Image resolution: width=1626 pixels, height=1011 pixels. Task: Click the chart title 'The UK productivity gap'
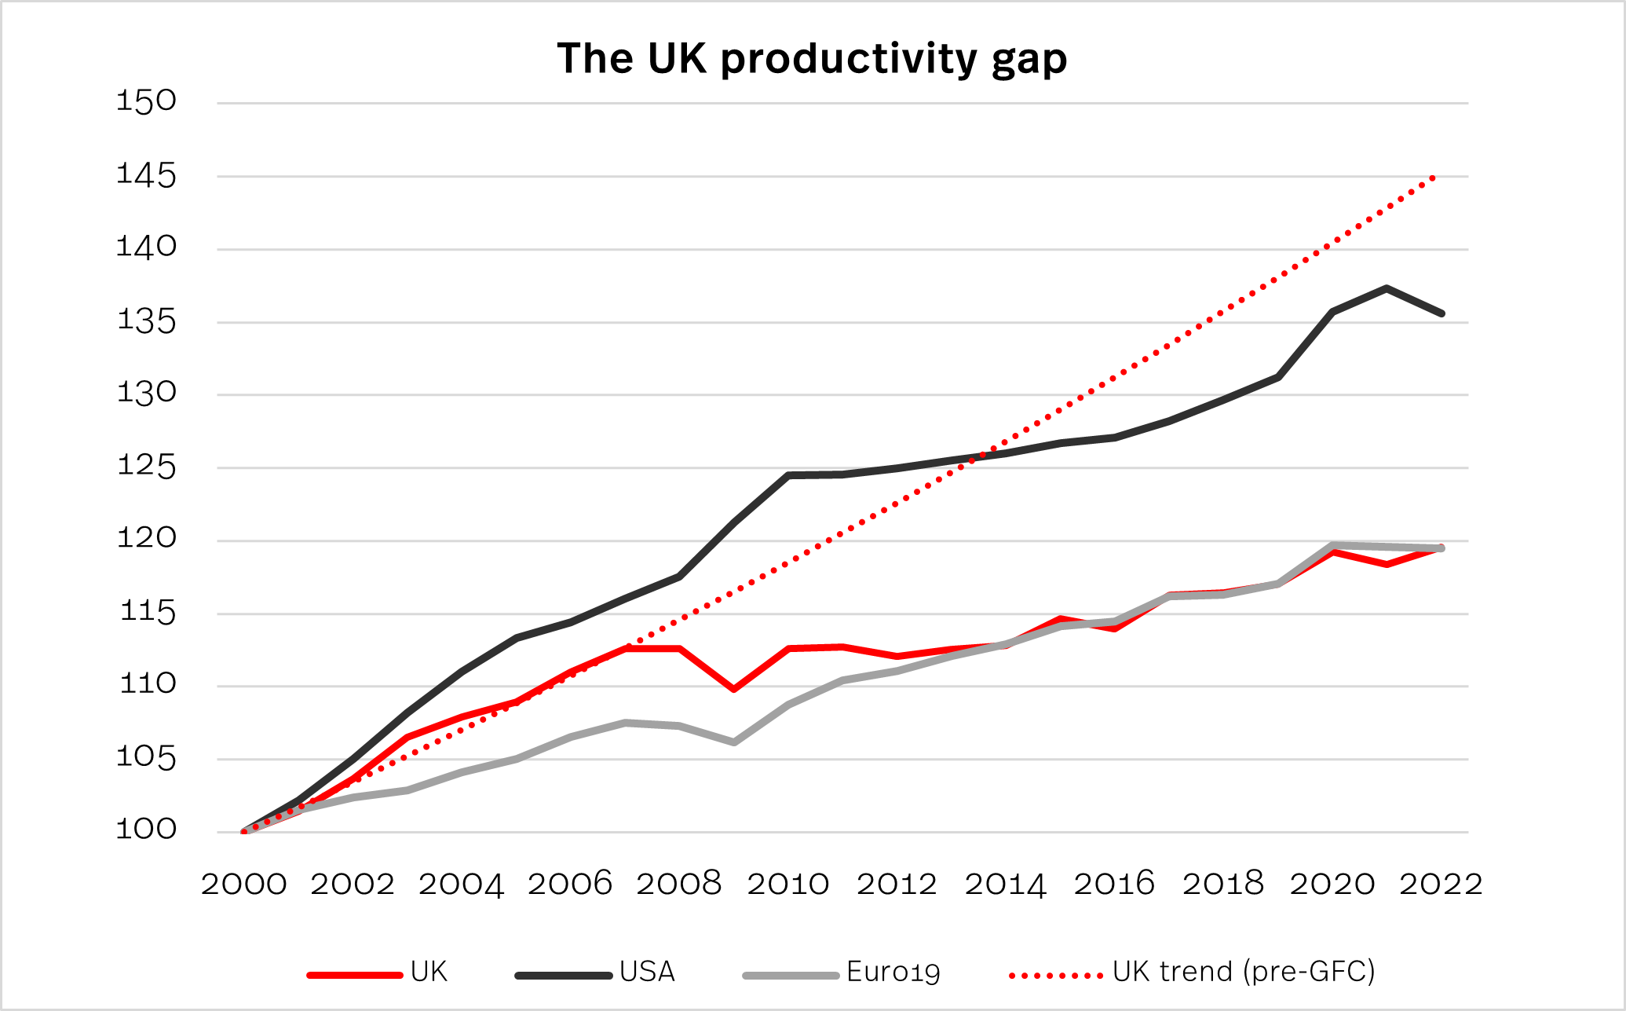[812, 59]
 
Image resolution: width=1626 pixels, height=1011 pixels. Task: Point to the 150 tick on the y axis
[147, 101]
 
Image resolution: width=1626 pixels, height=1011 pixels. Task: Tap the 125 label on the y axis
[147, 467]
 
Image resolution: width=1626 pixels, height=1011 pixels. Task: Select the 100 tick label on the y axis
[147, 830]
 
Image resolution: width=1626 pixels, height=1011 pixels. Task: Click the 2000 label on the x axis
[244, 885]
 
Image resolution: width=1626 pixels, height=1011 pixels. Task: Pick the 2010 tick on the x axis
[787, 885]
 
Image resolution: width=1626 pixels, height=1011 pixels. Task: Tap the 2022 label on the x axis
[1441, 885]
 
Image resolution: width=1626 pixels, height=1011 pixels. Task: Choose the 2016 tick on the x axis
[1114, 885]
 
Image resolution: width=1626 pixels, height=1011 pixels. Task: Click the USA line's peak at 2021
[1387, 288]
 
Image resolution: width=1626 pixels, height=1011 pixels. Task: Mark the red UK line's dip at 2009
[733, 689]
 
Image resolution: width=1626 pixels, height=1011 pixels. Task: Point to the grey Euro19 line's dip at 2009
[733, 742]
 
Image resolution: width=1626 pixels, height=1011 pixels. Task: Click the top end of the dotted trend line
[1434, 178]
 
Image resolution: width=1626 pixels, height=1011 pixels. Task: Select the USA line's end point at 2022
[1441, 313]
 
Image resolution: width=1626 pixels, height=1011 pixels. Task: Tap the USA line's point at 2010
[787, 475]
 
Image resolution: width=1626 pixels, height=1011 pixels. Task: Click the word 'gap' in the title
[1029, 60]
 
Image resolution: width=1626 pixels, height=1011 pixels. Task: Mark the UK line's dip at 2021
[1387, 564]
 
